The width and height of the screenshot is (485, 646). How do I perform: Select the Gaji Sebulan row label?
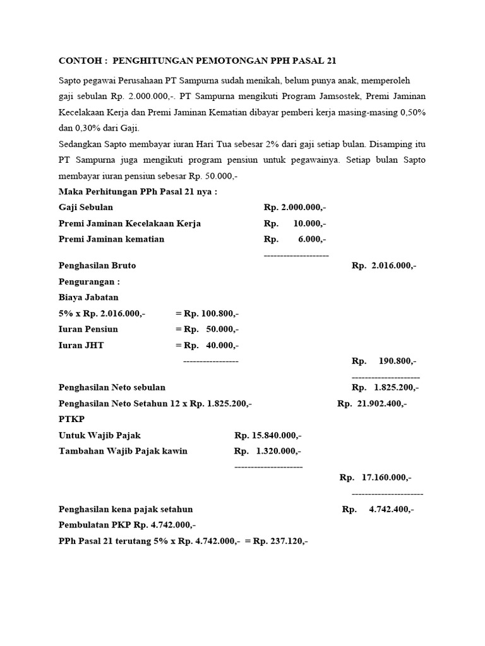pos(86,208)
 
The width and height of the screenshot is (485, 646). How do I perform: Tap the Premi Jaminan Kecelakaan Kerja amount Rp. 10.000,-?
pos(295,223)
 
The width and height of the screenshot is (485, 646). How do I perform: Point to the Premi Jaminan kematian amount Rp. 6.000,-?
pos(295,239)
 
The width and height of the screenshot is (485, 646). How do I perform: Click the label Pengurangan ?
pos(88,282)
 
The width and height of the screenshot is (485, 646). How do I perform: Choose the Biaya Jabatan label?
pos(88,297)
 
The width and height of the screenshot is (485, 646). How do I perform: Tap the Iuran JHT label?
pos(81,345)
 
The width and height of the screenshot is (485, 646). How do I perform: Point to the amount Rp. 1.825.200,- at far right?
pos(385,387)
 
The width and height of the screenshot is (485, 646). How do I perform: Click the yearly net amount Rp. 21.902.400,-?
pos(372,403)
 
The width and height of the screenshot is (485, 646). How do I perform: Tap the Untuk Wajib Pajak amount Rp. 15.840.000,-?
pos(268,435)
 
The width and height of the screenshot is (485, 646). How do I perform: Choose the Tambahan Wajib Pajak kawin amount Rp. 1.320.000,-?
pos(268,451)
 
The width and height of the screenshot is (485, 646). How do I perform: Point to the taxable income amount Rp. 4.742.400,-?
pos(378,509)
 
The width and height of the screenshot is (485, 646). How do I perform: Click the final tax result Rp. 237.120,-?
pos(280,541)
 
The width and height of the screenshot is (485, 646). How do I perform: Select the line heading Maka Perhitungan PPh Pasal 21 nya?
pos(137,192)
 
